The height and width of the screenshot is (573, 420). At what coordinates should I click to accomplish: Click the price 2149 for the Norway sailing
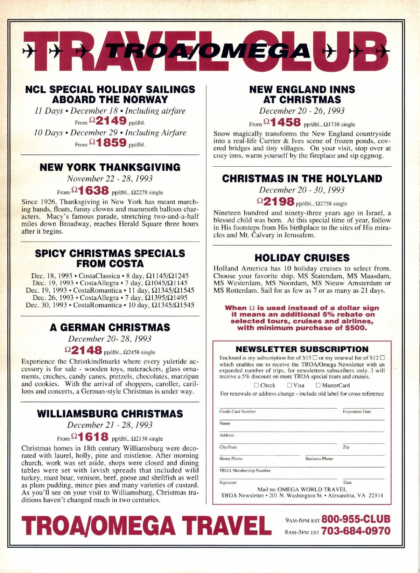click(111, 121)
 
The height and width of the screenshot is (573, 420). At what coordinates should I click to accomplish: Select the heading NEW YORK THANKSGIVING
click(110, 167)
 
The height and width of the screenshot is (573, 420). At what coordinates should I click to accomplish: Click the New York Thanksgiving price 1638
click(93, 191)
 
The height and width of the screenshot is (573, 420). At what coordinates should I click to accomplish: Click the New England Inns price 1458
click(285, 123)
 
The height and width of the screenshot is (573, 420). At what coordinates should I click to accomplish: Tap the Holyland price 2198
click(279, 202)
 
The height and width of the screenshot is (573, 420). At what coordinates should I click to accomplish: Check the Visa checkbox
click(289, 385)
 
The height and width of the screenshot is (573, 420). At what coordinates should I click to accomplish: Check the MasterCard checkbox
click(318, 385)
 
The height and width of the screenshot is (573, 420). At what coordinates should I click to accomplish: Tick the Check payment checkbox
click(257, 385)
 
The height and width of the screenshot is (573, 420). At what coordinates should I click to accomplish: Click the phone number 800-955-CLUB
click(356, 519)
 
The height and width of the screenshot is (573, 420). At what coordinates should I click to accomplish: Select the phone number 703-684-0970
click(356, 531)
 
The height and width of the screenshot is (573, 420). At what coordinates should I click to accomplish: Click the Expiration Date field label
click(357, 412)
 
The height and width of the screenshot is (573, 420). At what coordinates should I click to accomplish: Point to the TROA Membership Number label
click(245, 470)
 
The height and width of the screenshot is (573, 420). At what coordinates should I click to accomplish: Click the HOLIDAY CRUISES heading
click(302, 258)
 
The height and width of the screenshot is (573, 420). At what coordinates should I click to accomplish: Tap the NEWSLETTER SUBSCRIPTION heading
click(302, 349)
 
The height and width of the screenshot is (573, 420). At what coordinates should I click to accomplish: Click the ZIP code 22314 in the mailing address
click(376, 496)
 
